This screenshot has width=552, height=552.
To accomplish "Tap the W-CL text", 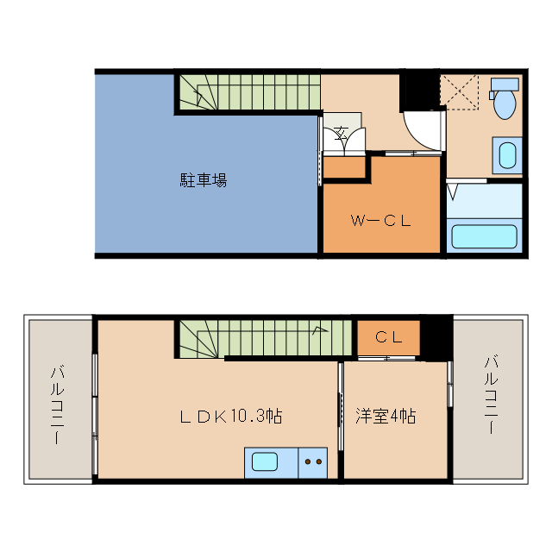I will click(380, 220).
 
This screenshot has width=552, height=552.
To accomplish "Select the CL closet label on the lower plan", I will click(388, 337).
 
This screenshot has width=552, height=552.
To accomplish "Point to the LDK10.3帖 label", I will click(231, 416).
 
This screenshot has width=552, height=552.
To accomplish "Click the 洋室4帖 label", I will click(386, 416).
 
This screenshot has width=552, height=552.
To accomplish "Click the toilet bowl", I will click(504, 100).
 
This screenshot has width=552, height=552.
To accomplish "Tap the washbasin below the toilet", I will click(507, 156).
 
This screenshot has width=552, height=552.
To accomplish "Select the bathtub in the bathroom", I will click(484, 235).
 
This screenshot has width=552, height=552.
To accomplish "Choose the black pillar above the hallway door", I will click(420, 90).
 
